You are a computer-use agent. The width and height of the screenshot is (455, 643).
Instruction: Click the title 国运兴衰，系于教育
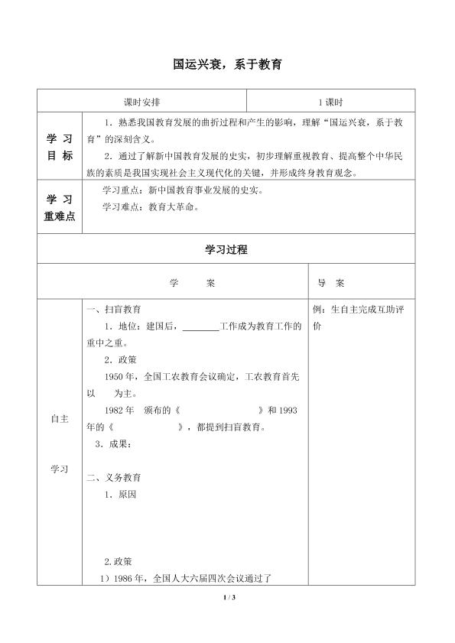(227, 67)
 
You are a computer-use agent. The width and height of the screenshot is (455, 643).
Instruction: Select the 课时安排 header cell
(141, 101)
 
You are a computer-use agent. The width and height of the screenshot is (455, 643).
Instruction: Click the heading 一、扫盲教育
(113, 310)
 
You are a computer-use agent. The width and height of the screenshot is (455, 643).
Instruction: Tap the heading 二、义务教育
(113, 478)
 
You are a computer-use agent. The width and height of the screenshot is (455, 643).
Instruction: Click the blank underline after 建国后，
(201, 327)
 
